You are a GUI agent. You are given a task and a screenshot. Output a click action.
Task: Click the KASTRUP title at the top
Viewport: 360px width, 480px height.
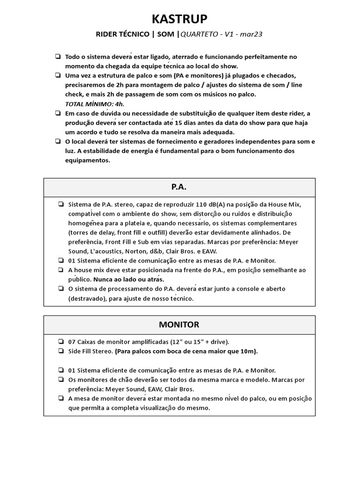[180, 18]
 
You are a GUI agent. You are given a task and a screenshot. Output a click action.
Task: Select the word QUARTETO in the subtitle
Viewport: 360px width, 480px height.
[199, 34]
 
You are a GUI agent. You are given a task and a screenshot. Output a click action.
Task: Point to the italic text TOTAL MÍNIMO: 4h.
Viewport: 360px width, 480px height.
[88, 104]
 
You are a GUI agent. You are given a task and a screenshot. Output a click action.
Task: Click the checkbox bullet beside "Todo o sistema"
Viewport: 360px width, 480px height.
[57, 57]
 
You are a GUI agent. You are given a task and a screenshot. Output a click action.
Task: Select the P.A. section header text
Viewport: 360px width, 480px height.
[179, 187]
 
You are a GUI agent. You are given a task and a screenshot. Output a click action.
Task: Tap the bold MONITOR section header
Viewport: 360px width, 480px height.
[179, 324]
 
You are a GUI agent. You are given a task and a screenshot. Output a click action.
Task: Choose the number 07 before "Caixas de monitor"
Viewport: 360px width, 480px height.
[73, 342]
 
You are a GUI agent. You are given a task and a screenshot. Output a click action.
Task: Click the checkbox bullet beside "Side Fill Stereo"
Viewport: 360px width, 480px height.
[61, 351]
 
